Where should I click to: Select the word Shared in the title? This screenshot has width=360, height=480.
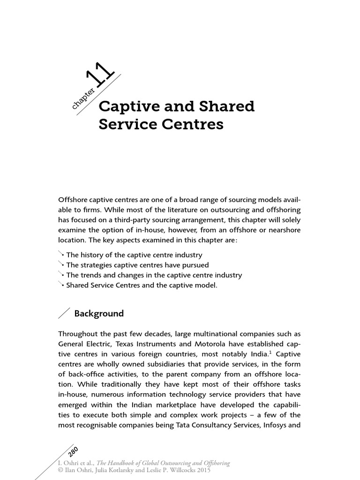pyautogui.click(x=228, y=107)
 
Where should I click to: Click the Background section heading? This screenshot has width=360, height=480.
pyautogui.click(x=99, y=314)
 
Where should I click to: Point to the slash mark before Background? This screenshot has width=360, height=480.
pyautogui.click(x=64, y=314)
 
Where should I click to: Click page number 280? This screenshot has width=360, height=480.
pyautogui.click(x=73, y=451)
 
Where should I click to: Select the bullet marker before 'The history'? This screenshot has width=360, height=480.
pyautogui.click(x=61, y=255)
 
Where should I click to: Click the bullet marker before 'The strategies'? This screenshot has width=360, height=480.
pyautogui.click(x=61, y=265)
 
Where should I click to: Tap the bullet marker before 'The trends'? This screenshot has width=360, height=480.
pyautogui.click(x=61, y=275)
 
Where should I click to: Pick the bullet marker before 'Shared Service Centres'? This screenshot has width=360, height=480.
pyautogui.click(x=61, y=285)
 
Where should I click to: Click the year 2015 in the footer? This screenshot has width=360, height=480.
pyautogui.click(x=203, y=470)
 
